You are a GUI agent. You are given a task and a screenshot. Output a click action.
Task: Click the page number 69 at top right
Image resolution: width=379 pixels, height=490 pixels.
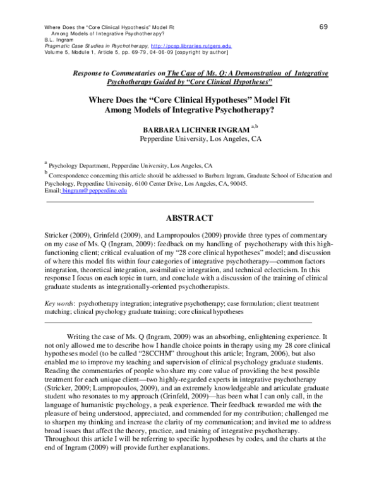[323, 27]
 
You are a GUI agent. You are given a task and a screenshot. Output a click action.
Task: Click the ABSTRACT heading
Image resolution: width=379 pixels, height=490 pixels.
[189, 218]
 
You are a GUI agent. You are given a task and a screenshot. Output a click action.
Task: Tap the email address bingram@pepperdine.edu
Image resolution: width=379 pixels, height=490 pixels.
[94, 190]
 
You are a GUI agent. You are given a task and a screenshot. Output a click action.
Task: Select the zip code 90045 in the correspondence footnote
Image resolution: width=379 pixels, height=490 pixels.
[272, 183]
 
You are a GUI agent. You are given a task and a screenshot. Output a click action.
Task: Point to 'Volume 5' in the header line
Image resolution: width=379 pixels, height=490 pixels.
[57, 53]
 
